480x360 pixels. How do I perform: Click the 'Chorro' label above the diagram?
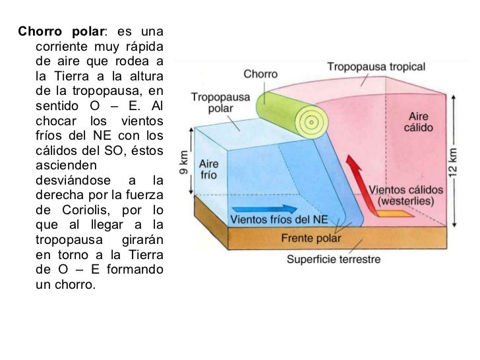tap(260, 74)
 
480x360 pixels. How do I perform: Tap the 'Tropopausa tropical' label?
tap(376, 67)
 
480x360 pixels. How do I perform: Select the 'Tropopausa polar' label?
tap(220, 102)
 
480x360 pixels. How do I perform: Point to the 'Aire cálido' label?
tap(419, 122)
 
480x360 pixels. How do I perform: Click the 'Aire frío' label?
tap(208, 169)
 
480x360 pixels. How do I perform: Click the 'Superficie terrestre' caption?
tap(334, 259)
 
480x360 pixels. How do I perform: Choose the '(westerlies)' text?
tap(405, 202)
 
